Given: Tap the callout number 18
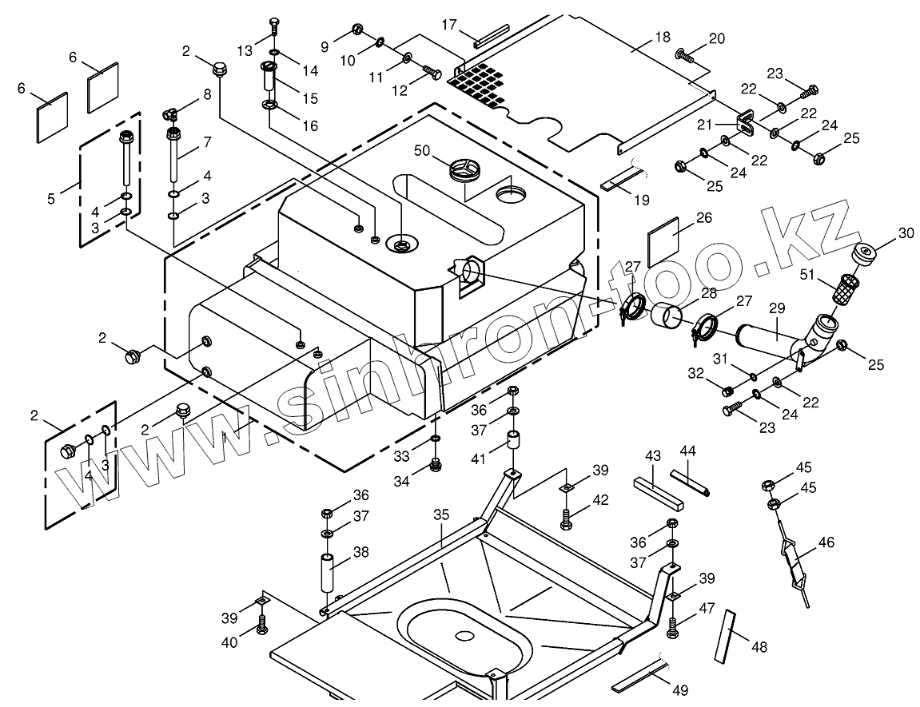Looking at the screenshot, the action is [x=663, y=37].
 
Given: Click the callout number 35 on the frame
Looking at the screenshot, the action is [x=441, y=514].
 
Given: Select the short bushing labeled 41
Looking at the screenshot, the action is [x=515, y=440].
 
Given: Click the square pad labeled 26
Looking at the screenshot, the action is [x=663, y=240].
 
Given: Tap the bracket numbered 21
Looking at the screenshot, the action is [x=744, y=121].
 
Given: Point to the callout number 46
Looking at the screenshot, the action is [x=826, y=542].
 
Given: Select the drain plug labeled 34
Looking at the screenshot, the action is [x=436, y=464].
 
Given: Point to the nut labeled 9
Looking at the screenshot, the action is [x=357, y=30].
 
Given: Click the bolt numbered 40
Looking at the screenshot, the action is [x=261, y=624].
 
